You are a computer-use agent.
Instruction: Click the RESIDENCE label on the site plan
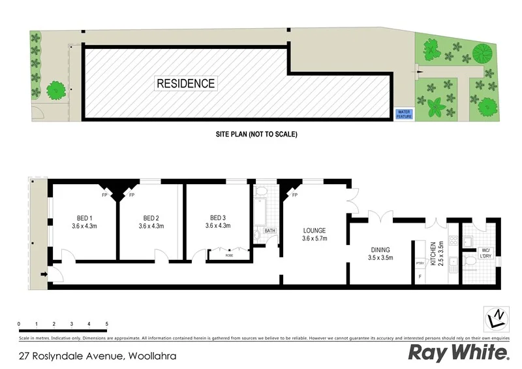coord(185,84)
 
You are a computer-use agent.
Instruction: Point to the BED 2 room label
coord(151,222)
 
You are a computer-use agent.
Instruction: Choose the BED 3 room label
coord(218,222)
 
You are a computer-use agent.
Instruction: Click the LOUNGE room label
coord(314,234)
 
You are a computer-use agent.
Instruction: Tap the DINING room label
coord(380,253)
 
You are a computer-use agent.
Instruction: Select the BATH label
coord(269,231)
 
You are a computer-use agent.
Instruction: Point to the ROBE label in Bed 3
coord(229,255)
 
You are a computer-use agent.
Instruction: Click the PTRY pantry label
coord(420,263)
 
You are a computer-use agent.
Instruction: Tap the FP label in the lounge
coord(294,195)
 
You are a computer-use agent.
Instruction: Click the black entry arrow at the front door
coord(44,276)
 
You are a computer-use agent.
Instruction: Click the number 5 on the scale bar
coord(106,324)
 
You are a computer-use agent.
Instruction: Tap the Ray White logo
coord(458,353)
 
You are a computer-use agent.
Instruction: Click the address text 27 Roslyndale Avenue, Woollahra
coord(98,357)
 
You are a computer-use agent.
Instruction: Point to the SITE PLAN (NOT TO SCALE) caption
coord(256,135)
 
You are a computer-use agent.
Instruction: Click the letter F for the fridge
coord(420,277)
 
